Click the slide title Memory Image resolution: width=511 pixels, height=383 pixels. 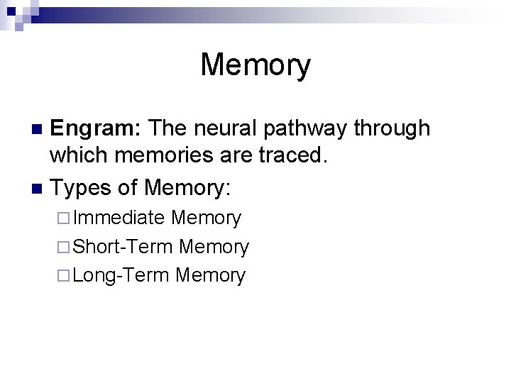255,65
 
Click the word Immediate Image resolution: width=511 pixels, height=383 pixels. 119,218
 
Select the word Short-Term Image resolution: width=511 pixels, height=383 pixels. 123,247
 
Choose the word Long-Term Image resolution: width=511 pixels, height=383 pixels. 121,276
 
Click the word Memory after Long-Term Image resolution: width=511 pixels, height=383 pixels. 210,276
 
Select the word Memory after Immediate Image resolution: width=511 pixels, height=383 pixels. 207,218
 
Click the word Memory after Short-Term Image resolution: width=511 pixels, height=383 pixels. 214,247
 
